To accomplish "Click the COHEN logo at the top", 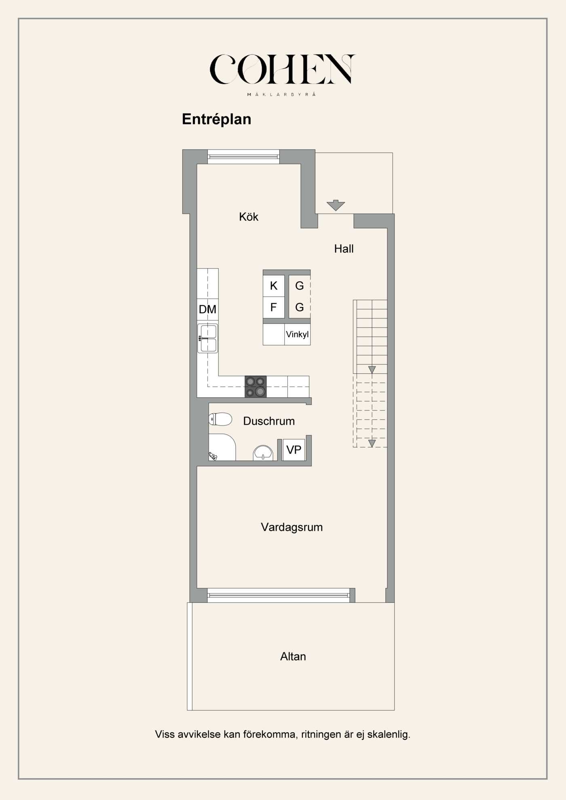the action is (x=282, y=75).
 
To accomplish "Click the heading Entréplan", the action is (x=217, y=119).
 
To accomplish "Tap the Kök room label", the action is (x=249, y=217).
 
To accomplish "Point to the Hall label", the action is (x=344, y=248).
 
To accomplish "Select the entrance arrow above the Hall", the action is (x=336, y=205).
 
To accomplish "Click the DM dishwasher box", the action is (x=208, y=309).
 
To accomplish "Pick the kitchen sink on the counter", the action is (x=208, y=338).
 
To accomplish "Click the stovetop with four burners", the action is (x=256, y=387).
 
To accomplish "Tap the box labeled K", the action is (x=274, y=286).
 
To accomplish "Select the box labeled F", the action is (x=274, y=307).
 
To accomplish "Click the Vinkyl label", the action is (x=297, y=335).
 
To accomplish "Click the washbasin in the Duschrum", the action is (x=263, y=453).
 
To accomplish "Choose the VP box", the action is (x=294, y=450).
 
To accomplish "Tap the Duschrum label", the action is (x=269, y=421).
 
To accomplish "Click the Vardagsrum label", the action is (x=292, y=527).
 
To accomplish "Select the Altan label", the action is (x=293, y=657).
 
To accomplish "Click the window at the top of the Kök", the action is (x=243, y=157).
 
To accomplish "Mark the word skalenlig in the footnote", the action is (x=389, y=735).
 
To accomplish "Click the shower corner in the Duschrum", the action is (x=222, y=447).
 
